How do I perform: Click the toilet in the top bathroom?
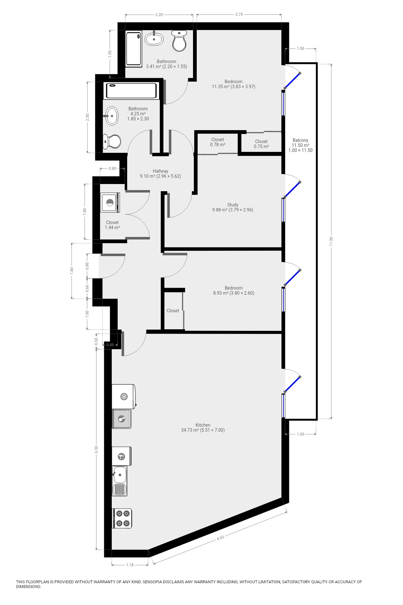[179, 41]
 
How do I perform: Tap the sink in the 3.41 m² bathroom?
[154, 39]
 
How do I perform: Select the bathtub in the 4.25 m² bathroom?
[131, 91]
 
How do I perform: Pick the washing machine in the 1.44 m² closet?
[110, 202]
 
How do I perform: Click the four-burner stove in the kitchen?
[122, 518]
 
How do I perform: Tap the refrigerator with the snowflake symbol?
[124, 396]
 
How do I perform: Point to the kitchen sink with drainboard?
[120, 481]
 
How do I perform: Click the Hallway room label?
[161, 171]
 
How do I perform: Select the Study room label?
[233, 205]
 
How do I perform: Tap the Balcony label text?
[300, 140]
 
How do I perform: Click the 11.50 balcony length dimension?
[331, 241]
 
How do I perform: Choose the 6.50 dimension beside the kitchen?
[96, 449]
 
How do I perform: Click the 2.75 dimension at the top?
[239, 14]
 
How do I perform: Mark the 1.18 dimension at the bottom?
[130, 565]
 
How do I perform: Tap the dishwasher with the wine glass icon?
[122, 456]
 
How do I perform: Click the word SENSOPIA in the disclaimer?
[153, 582]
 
